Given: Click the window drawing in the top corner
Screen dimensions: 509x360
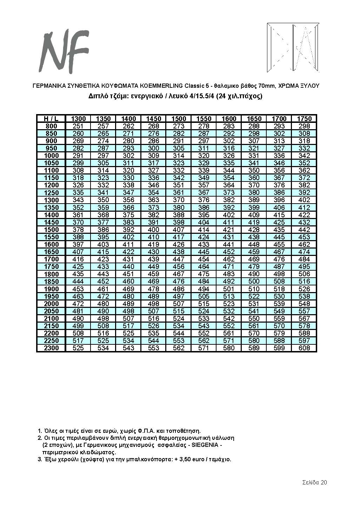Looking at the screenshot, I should coord(293,47).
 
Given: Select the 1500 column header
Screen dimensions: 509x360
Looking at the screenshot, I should coord(179,119).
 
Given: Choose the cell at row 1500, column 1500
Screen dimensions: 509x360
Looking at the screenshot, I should coord(179,230).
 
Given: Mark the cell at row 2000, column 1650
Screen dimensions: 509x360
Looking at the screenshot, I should coord(254,304).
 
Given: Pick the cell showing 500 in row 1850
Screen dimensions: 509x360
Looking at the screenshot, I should coord(254,281).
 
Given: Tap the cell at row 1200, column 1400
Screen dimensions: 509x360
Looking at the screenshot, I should coord(128,185).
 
